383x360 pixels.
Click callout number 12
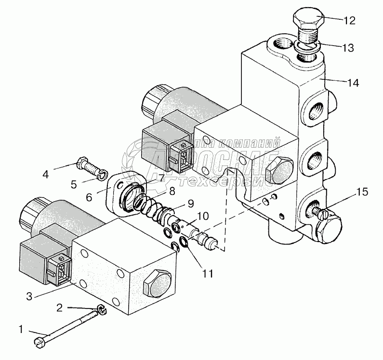350,21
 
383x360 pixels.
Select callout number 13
348,48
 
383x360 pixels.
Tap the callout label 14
353,82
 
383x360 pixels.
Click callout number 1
20,330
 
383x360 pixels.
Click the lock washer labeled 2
102,310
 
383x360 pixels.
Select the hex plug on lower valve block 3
158,284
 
